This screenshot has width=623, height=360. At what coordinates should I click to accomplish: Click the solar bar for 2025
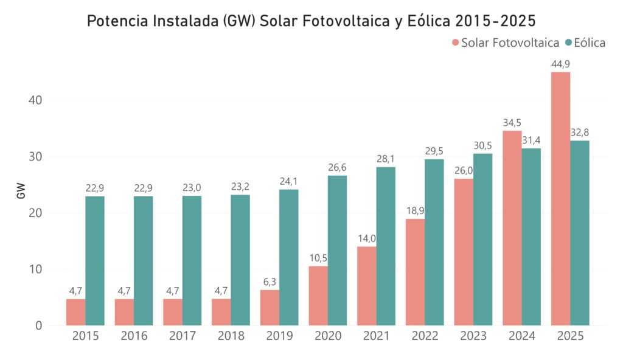[x=560, y=199]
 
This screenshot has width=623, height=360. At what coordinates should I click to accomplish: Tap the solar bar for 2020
[x=318, y=296]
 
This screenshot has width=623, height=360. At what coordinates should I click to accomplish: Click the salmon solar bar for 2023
[x=464, y=252]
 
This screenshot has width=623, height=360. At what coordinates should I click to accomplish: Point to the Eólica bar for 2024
[x=531, y=237]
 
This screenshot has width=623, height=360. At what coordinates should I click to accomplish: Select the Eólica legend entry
[x=585, y=43]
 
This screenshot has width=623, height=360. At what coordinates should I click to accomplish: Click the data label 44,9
[x=560, y=64]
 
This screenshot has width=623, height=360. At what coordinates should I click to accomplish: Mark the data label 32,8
[x=580, y=133]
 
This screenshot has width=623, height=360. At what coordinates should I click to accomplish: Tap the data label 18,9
[x=415, y=210]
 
